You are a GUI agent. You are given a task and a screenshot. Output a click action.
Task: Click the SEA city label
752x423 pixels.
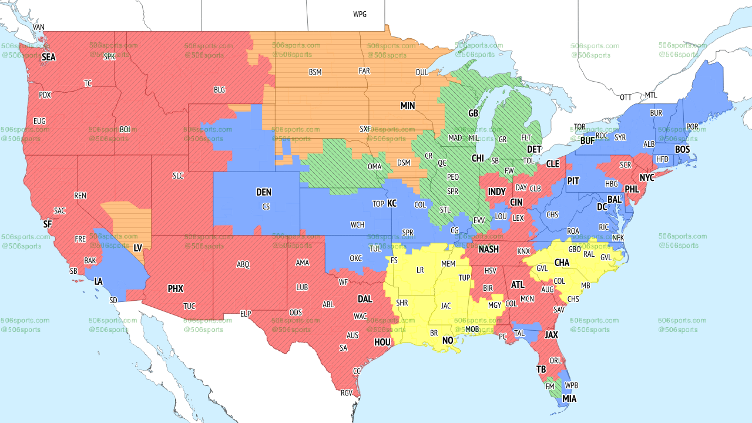coord(48,57)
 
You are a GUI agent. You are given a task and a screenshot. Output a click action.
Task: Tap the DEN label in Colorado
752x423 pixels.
coord(264,192)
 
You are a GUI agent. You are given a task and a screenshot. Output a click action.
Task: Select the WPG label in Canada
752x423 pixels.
coord(360,14)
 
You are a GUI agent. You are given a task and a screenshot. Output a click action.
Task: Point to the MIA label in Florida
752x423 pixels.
coord(569,399)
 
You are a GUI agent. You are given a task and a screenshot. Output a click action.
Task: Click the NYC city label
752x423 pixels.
coord(647,177)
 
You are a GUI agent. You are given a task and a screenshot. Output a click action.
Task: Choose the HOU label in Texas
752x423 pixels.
coord(382,341)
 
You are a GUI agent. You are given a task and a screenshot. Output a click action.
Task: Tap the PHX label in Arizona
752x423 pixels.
coord(176,288)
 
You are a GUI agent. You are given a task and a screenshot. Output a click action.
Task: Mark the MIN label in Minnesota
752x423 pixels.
coord(408,106)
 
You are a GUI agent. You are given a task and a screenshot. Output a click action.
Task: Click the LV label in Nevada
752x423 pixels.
coord(139,249)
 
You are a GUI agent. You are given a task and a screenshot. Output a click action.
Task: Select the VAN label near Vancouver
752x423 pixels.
coord(39,28)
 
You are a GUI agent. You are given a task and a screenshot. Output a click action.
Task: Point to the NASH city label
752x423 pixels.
coord(488,249)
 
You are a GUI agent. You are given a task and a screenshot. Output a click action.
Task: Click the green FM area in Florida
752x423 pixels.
coord(550,388)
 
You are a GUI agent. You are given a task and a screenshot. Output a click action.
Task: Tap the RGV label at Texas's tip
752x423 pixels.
coord(347,393)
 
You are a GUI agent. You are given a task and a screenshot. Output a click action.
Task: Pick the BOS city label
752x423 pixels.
coord(682,150)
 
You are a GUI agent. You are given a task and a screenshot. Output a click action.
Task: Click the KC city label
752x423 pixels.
coord(392,203)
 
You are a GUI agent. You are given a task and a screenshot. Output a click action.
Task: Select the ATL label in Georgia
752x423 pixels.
coord(518,284)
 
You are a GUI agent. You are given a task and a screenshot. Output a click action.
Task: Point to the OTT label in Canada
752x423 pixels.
coord(626,97)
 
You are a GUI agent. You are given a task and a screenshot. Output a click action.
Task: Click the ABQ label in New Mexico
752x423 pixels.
coord(243,264)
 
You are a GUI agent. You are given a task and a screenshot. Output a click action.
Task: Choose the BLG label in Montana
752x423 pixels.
coord(219,90)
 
